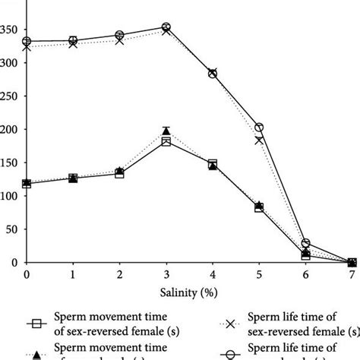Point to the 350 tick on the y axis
pos(10,31)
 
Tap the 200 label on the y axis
pos(10,130)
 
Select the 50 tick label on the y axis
pos(12,229)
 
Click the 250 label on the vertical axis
pos(10,97)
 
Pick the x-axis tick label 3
pos(166,274)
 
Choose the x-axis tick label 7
pos(352,274)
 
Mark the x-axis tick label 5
pos(259,274)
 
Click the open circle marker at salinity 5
pos(259,128)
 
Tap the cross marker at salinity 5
pos(259,140)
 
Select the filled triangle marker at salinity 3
pos(166,131)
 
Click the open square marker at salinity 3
pos(166,142)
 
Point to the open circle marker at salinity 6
pos(305,243)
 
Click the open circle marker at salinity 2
pos(120,35)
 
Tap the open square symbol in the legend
pos(33,324)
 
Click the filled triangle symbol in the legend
pos(33,352)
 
